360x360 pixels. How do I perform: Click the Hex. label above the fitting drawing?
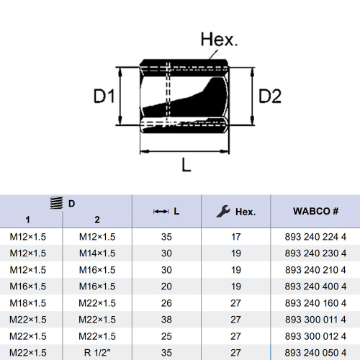[x=219, y=40]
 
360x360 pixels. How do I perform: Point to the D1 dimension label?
[x=104, y=96]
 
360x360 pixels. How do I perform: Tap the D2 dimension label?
[x=270, y=96]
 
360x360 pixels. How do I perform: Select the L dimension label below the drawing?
[x=186, y=165]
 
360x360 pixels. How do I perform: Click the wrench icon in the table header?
[x=223, y=211]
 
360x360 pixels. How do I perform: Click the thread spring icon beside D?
[x=57, y=203]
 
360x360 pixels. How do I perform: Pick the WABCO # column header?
[x=315, y=211]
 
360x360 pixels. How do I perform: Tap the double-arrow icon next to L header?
[x=161, y=212]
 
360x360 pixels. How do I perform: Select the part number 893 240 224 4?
[x=315, y=237]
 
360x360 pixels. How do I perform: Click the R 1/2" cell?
[x=97, y=353]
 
